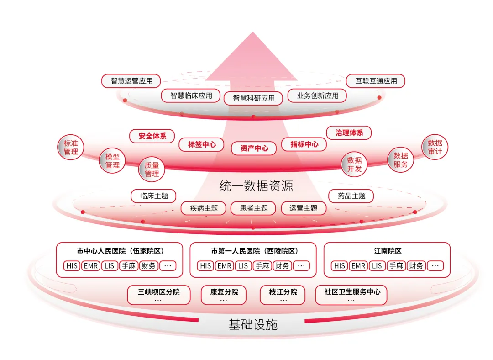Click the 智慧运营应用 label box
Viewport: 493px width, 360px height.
click(x=131, y=81)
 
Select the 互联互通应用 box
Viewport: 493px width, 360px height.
click(x=376, y=81)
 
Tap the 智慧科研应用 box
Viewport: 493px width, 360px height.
click(x=254, y=98)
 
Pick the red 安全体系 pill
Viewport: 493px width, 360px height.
click(x=152, y=136)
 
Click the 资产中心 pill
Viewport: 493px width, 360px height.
click(x=254, y=148)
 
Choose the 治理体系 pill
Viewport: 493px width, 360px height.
click(x=349, y=133)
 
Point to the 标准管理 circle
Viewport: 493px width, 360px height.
click(x=71, y=147)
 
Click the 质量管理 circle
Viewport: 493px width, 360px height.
click(x=152, y=169)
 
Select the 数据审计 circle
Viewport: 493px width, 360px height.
click(x=435, y=147)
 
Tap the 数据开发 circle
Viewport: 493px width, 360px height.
click(x=354, y=164)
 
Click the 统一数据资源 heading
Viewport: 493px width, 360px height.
click(x=256, y=186)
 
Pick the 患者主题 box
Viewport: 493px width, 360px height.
click(x=254, y=208)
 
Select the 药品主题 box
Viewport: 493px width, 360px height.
click(x=351, y=196)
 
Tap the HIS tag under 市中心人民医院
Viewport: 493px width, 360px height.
click(x=72, y=266)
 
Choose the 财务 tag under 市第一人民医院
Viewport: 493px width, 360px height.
click(x=282, y=266)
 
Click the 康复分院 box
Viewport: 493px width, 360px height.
click(x=224, y=295)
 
